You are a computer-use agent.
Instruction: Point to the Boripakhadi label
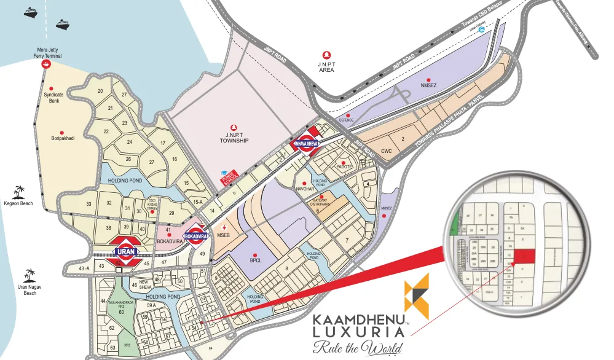coord(63,139)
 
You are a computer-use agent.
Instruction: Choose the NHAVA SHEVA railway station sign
coord(308,143)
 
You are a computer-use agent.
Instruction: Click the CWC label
coord(386,151)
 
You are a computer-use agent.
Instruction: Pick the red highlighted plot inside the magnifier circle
coord(524,254)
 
